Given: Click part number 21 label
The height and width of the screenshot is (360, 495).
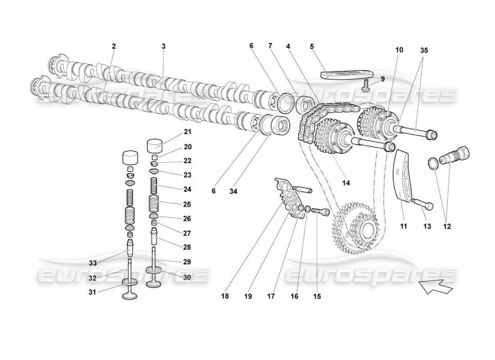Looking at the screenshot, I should point(187,132).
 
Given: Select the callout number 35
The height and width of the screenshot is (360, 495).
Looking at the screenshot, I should point(424,50).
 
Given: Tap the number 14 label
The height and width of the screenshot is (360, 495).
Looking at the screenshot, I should point(346,183).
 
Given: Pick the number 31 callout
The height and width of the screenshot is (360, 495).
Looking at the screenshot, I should point(92,292).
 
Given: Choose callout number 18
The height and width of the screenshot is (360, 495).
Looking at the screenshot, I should point(225,296).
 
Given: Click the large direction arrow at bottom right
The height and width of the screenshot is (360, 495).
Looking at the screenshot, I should point(434,287).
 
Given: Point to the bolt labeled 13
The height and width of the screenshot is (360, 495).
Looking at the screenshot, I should point(422,204).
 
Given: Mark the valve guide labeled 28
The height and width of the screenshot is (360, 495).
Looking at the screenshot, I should point(155,236).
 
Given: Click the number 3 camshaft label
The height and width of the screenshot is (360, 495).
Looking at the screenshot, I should point(163,46).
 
